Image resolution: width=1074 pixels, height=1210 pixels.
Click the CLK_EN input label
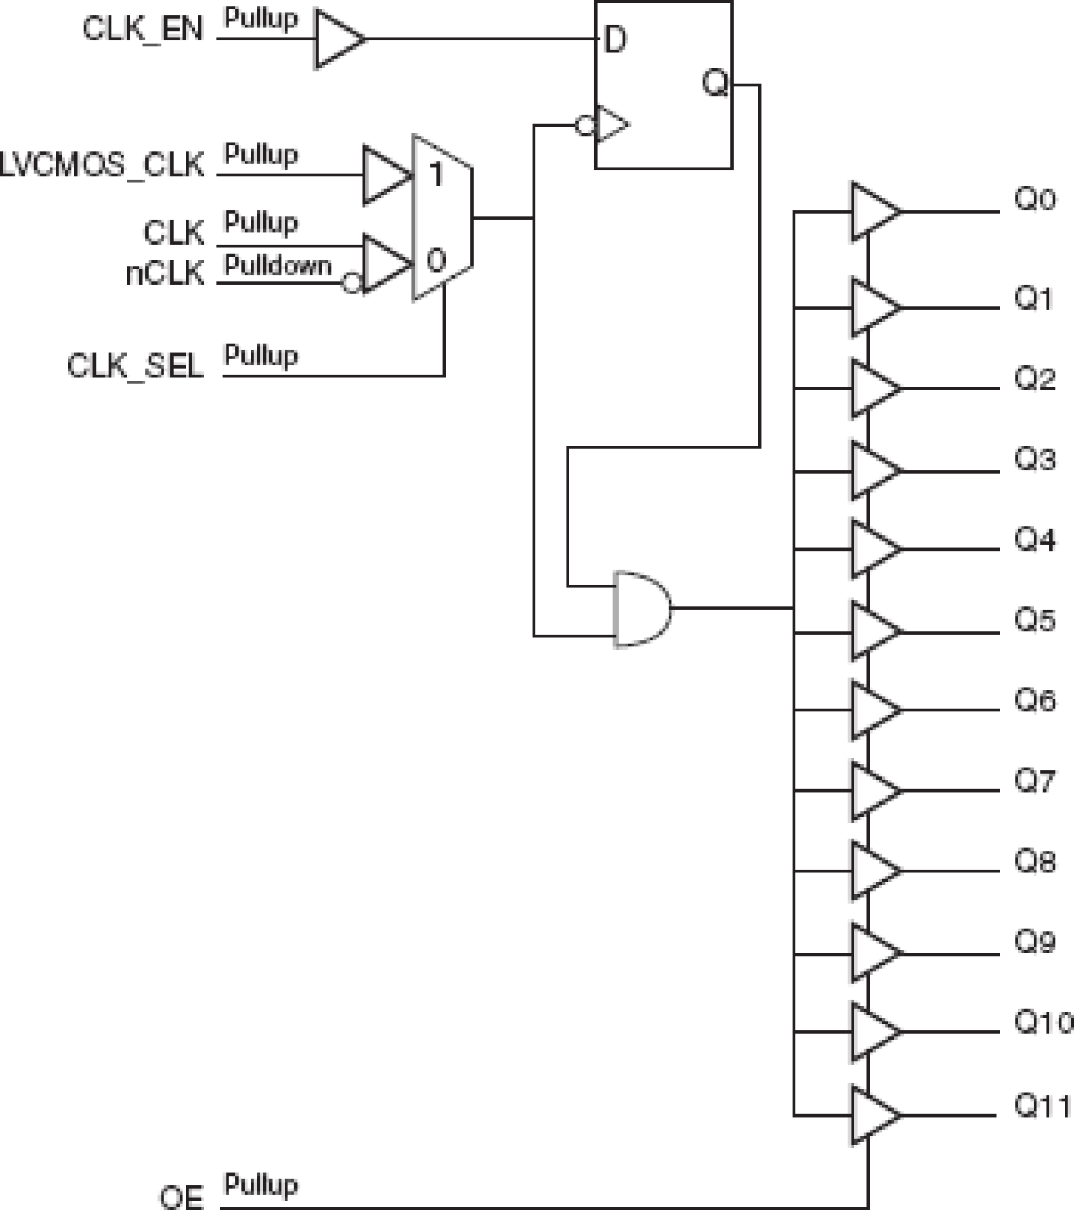[x=143, y=29]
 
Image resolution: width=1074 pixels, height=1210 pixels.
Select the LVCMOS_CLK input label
[x=103, y=164]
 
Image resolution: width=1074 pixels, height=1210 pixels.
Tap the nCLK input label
[x=165, y=274]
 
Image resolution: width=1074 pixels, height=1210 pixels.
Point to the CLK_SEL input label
[x=135, y=366]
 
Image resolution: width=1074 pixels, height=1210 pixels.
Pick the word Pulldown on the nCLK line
[x=277, y=266]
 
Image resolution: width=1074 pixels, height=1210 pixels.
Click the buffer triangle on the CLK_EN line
[x=337, y=39]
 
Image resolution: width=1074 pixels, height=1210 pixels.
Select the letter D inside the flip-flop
[x=615, y=40]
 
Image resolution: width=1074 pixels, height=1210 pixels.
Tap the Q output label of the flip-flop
[x=714, y=84]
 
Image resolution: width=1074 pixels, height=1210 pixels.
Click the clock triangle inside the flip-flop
[x=611, y=125]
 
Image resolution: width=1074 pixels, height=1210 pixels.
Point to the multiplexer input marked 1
[x=436, y=174]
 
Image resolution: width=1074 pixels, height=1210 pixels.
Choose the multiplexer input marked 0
[x=436, y=260]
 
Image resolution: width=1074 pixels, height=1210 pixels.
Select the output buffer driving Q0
[x=872, y=211]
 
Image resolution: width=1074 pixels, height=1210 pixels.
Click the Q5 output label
[x=1034, y=620]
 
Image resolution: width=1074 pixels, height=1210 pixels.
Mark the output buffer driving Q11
[x=872, y=1115]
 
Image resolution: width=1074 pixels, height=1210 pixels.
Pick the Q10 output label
[x=1042, y=1022]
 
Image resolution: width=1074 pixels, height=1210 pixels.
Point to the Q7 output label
[x=1034, y=781]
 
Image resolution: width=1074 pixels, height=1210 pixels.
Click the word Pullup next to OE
[x=261, y=1185]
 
